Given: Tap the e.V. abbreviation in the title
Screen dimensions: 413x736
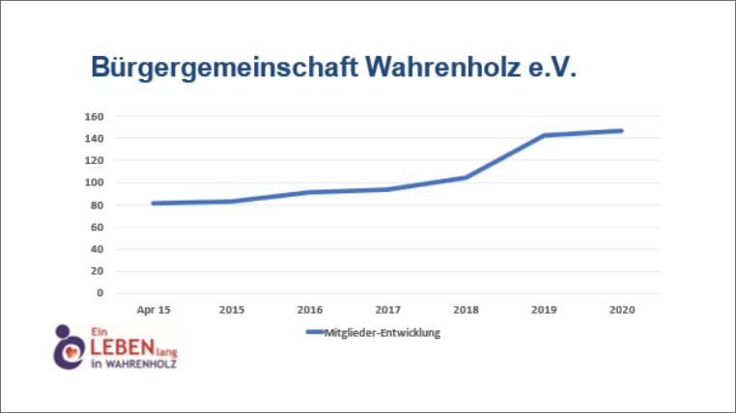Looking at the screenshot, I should (551, 68).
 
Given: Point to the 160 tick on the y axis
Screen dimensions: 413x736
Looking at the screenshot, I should (94, 116).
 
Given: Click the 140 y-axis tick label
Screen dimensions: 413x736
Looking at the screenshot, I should (94, 138).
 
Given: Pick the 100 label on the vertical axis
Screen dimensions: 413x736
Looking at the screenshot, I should (94, 182).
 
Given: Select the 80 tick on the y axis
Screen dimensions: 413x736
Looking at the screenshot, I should (97, 205).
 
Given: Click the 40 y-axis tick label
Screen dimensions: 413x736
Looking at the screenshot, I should (97, 249).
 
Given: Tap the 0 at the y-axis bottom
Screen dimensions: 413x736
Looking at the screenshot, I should (99, 293).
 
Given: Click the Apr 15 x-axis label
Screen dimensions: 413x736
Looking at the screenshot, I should (154, 310).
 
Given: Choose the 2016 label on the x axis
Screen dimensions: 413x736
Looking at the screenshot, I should (310, 310).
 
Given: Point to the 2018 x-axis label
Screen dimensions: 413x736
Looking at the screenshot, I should (467, 310).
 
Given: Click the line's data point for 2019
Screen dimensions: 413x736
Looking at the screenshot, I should (545, 135).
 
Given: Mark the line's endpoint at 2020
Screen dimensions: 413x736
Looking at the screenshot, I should (622, 130).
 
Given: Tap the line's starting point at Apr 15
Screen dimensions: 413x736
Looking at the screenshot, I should (154, 203).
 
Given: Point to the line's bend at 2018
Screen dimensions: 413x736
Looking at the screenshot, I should (467, 177).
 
